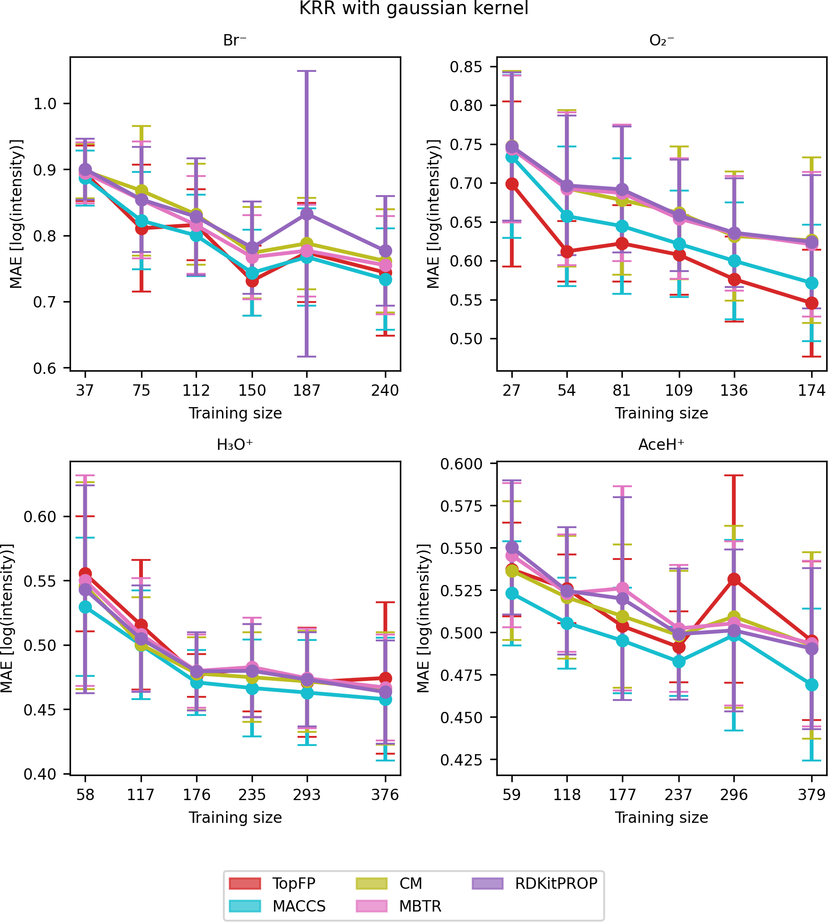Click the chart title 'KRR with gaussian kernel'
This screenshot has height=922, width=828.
point(414,9)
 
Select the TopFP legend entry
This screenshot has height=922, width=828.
point(293,883)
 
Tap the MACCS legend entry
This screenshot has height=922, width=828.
point(299,906)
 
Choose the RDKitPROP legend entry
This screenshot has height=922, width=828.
point(556,883)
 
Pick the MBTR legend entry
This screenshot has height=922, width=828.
point(420,906)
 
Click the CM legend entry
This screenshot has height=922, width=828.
point(410,883)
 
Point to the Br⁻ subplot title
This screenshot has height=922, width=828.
point(235,40)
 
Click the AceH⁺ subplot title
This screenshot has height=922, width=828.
point(661,445)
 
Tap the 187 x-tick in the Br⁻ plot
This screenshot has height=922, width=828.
point(307,390)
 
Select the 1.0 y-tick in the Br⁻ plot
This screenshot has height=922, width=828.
point(45,104)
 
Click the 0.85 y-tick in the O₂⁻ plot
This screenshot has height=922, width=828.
point(466,67)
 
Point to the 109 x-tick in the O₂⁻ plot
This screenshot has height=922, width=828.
point(679,390)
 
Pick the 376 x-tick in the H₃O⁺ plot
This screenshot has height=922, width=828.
point(385,795)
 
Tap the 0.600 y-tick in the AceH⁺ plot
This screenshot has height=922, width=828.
point(461,464)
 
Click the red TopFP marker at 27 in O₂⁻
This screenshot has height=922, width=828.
point(512,184)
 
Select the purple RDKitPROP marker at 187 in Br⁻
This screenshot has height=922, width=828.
point(307,213)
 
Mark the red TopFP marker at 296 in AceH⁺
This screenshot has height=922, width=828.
point(734,579)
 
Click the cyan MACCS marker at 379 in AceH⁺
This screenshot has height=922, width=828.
point(812,685)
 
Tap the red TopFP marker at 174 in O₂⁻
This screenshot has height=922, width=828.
point(812,303)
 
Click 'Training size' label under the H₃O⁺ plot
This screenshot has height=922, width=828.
point(235,817)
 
